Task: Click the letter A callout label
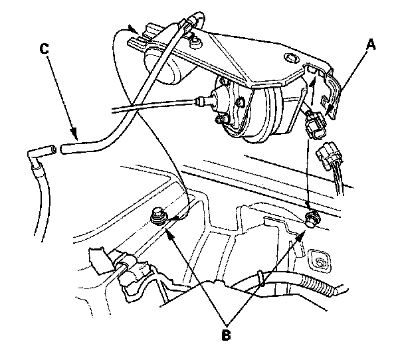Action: tap(371, 45)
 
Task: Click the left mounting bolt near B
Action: tap(159, 217)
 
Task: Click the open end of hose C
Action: tap(64, 148)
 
